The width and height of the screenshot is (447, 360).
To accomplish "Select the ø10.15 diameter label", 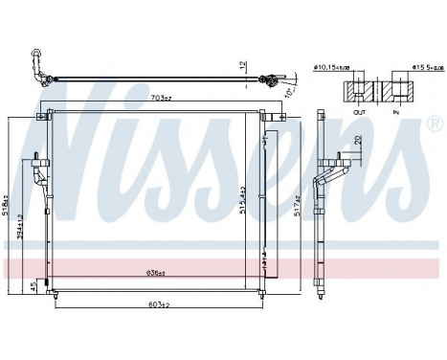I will (x=331, y=67).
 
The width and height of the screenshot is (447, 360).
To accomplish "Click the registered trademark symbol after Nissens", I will (x=434, y=125).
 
